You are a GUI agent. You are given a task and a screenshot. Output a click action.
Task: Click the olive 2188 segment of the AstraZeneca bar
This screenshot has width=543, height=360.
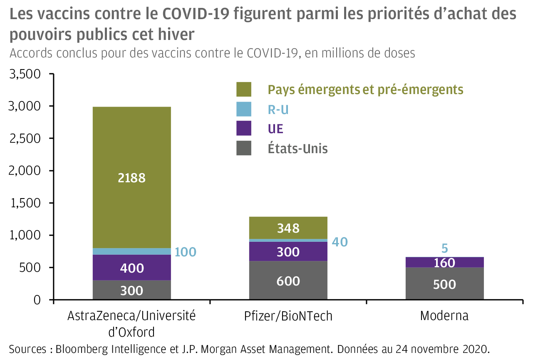point(131,178)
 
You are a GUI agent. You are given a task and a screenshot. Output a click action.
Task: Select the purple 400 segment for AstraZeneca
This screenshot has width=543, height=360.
point(131,268)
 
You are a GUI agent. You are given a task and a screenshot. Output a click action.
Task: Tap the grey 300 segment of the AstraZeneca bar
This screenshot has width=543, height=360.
point(131,290)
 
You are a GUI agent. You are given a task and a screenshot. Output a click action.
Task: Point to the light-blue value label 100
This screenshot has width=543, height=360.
point(185,252)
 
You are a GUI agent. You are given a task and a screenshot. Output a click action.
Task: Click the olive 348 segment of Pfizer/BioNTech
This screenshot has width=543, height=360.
point(288,228)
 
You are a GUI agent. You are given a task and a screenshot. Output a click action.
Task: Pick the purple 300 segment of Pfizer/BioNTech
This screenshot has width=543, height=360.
point(288,252)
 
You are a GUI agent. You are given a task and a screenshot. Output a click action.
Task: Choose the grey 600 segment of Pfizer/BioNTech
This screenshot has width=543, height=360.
point(288,281)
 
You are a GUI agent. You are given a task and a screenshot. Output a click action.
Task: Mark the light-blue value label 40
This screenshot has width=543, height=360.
point(340,242)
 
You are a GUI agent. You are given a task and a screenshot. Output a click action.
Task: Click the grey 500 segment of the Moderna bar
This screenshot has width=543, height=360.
point(444,284)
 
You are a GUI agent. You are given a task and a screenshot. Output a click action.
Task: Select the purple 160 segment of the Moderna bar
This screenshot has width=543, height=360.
point(444,263)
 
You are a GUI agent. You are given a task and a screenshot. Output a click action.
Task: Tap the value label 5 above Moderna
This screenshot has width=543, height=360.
point(444,248)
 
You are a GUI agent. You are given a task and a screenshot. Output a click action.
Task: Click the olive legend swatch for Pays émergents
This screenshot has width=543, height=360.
point(244,89)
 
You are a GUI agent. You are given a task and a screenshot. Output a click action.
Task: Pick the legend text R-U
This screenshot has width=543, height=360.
point(278,110)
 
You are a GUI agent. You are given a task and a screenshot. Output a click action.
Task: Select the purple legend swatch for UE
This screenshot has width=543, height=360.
point(244,129)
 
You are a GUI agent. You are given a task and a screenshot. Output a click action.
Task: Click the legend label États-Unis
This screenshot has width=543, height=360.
point(298,149)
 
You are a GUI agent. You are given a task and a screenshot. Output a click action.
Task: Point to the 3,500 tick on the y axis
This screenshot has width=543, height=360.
point(25,74)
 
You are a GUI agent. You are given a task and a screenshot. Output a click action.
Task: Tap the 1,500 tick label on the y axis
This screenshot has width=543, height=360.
point(25,204)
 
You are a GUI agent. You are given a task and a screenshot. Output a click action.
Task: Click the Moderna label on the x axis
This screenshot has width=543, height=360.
point(444,316)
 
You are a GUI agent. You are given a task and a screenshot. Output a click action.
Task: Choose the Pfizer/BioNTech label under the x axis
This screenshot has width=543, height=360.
point(288,316)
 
